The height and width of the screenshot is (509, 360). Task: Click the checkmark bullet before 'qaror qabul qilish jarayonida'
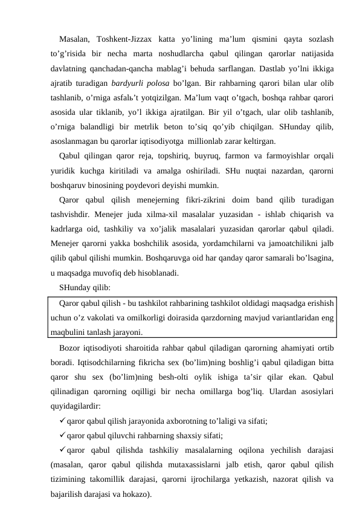62,421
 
